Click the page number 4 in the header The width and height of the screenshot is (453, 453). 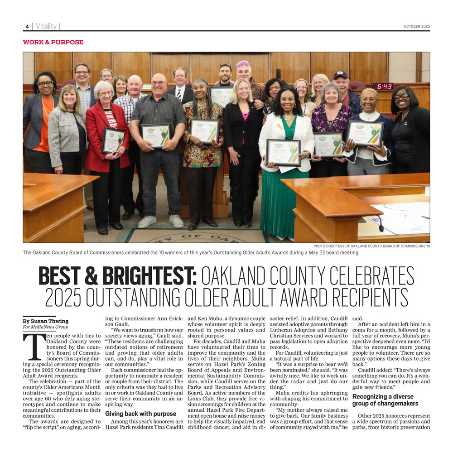tap(27, 27)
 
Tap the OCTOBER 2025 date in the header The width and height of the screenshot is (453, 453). tap(417, 26)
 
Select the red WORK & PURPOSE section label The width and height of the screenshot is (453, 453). tap(53, 42)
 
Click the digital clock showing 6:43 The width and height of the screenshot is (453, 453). tap(382, 86)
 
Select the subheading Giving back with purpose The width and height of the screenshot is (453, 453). tap(140, 414)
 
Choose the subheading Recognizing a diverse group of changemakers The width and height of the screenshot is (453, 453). tap(385, 400)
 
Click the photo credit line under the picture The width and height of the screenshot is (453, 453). tap(371, 246)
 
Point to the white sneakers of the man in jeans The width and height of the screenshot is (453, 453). tap(161, 221)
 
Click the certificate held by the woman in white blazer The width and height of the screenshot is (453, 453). tap(284, 152)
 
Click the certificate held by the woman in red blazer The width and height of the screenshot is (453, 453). tap(113, 140)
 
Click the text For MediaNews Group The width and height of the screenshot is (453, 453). tap(45, 327)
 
